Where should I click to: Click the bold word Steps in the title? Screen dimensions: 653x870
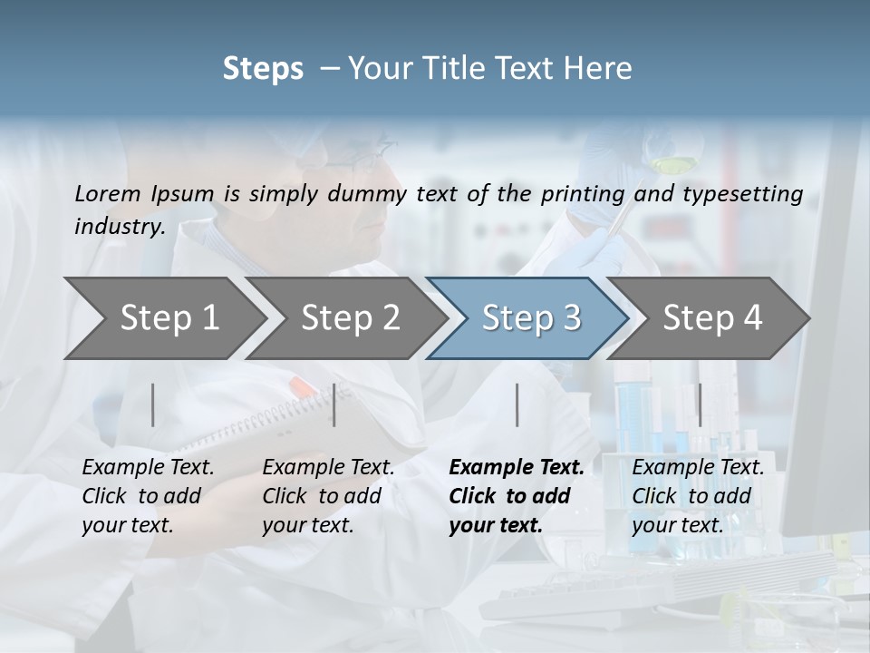point(263,68)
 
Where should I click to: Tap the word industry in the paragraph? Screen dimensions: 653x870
point(119,226)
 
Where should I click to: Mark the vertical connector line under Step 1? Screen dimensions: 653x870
point(153,404)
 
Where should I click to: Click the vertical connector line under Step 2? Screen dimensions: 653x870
point(334,404)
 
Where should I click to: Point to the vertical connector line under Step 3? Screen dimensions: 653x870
point(517,404)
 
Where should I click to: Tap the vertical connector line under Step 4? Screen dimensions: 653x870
point(699,404)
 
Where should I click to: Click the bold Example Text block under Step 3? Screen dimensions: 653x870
point(516,496)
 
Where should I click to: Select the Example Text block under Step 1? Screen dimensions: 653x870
point(148,496)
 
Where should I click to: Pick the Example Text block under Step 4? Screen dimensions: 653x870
point(698,496)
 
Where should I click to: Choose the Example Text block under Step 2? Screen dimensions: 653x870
point(328,496)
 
